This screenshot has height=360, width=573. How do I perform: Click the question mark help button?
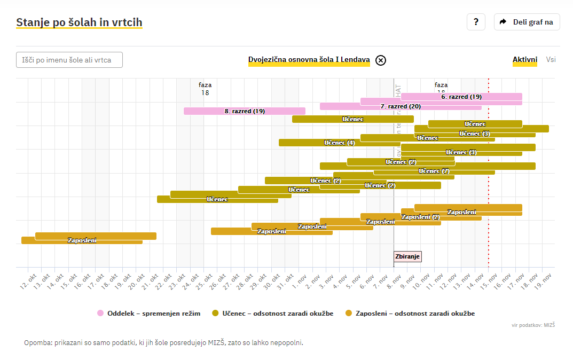point(476,22)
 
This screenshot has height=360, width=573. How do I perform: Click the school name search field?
point(69,60)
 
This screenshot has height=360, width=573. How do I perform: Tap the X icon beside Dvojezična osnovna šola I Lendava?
point(380,60)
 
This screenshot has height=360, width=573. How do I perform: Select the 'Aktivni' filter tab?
point(524,59)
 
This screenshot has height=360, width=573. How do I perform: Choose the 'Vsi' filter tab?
point(551,59)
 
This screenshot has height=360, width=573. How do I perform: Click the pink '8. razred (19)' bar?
point(244,111)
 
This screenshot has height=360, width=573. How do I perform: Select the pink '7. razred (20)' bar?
point(401,106)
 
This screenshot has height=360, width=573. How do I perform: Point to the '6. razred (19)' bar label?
point(461,97)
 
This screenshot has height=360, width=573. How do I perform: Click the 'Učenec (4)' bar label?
point(340,143)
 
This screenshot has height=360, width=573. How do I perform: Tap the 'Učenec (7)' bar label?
point(434,171)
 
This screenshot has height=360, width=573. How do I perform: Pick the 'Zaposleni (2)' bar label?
point(420,217)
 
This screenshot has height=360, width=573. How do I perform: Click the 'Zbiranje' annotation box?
point(407,256)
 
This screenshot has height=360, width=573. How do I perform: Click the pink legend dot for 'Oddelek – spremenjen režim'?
point(100,314)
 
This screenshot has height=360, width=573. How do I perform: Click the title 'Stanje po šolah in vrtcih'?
point(79,22)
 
